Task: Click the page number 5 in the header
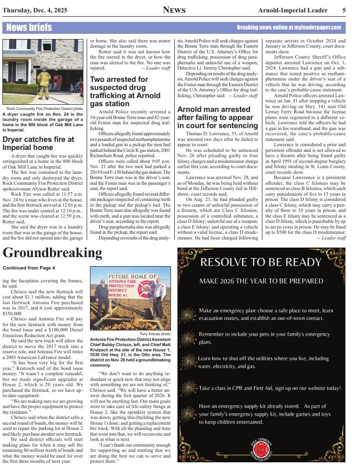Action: (344, 10)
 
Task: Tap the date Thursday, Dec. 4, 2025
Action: (34, 10)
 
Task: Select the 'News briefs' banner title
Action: (29, 28)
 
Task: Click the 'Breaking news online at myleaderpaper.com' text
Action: (289, 28)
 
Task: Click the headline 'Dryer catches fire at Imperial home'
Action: (38, 144)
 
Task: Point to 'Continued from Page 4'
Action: (29, 268)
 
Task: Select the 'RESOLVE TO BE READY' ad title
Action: (261, 262)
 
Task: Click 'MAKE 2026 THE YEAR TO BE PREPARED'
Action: (260, 281)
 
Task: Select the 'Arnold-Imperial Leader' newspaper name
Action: (293, 10)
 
